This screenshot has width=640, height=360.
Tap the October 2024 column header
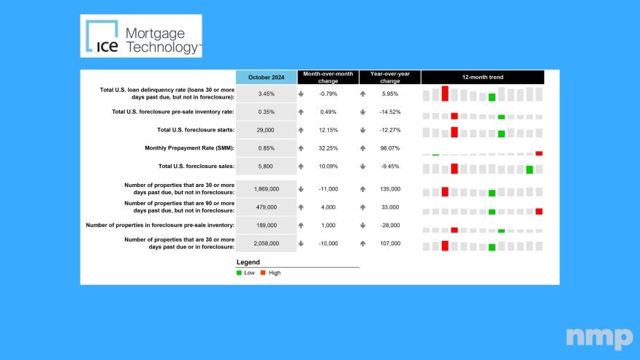[266, 77]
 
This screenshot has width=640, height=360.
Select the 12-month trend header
[482, 77]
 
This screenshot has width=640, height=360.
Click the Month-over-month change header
[328, 77]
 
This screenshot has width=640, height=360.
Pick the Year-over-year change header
[389, 77]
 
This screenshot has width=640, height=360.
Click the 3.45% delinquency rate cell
[266, 93]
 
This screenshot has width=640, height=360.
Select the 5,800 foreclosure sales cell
[266, 166]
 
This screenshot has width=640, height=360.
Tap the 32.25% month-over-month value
[331, 148]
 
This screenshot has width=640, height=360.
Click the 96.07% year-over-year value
[391, 148]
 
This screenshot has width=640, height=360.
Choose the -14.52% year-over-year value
[391, 112]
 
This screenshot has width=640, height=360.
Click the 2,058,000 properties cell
[266, 243]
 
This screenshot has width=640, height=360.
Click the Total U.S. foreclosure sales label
[196, 166]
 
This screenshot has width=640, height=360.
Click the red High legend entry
[270, 272]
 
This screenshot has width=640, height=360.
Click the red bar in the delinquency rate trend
[445, 93]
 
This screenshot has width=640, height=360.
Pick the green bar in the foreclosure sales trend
[530, 169]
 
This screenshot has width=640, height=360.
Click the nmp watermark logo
[599, 337]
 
